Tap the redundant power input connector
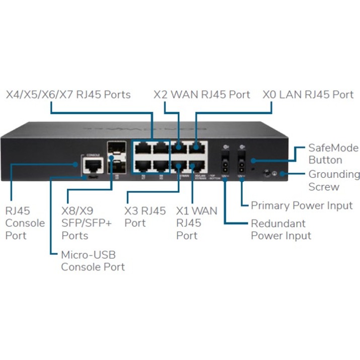click(x=225, y=164)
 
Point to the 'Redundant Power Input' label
click(x=280, y=229)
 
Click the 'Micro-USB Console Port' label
click(x=93, y=260)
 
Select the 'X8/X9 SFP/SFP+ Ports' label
click(x=86, y=223)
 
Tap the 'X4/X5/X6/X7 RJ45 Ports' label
click(x=68, y=95)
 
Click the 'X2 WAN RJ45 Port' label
click(x=201, y=95)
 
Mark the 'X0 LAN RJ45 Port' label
click(x=308, y=95)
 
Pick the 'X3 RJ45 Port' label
click(x=145, y=217)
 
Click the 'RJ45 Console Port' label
click(x=25, y=223)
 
